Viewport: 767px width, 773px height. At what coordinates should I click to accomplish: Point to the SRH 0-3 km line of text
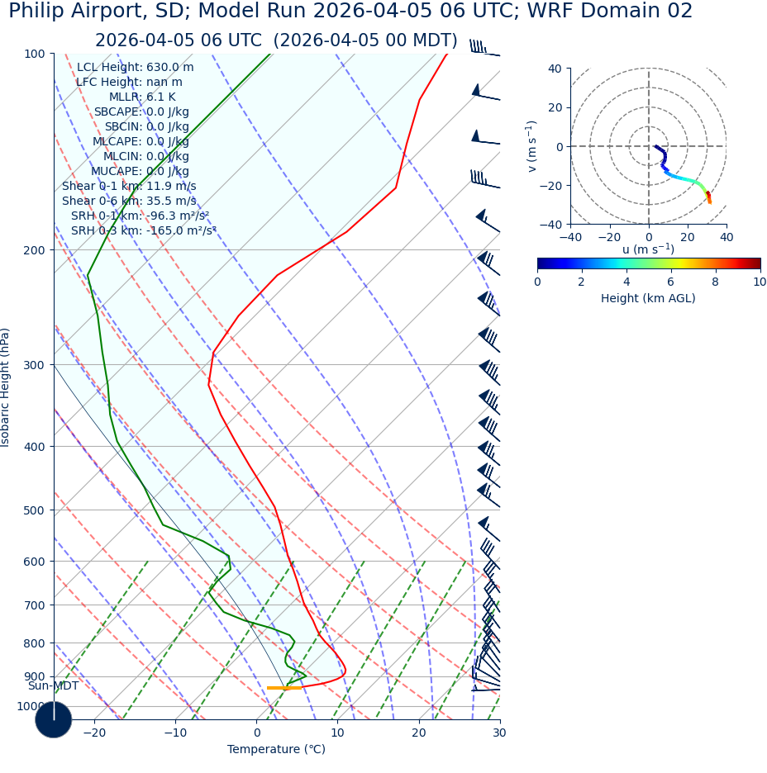pos(143,231)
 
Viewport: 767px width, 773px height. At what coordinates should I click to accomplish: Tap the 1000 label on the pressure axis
pos(31,707)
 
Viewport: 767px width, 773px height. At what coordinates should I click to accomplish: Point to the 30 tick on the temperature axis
pos(499,733)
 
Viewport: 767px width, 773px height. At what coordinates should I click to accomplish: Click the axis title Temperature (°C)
pos(276,750)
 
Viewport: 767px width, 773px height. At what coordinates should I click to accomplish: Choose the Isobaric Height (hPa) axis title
pos(6,387)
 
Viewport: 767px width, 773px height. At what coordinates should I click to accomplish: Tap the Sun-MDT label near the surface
pos(53,686)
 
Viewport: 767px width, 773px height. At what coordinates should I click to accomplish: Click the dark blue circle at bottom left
pos(53,720)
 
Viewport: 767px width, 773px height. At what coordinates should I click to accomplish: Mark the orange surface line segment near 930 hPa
pos(284,688)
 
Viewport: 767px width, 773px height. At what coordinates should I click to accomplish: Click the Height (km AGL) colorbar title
pos(648,299)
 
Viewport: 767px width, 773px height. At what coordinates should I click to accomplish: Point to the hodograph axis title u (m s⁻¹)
pos(648,249)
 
